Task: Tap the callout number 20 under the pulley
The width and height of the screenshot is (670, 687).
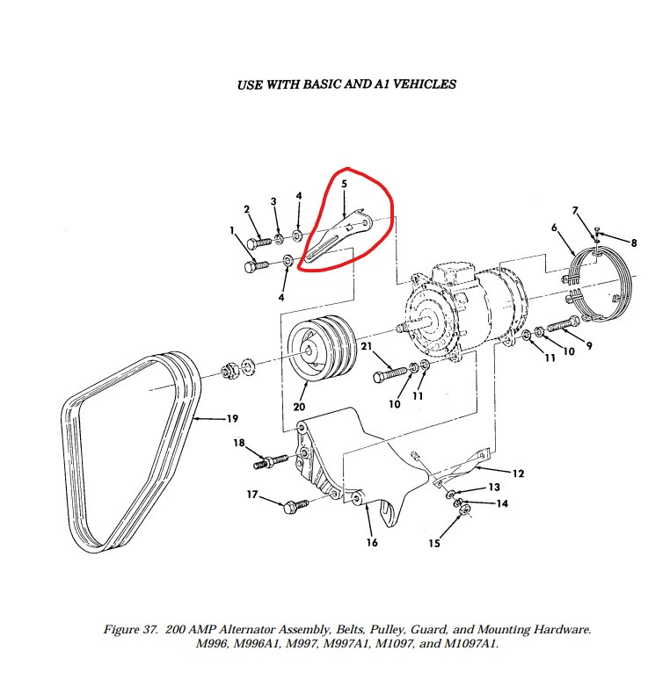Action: [299, 407]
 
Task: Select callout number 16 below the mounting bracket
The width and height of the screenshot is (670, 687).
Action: [372, 542]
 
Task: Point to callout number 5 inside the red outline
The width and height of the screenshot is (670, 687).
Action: [344, 184]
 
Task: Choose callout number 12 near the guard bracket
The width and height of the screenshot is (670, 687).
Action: [518, 474]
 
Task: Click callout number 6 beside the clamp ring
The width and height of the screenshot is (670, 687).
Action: [555, 228]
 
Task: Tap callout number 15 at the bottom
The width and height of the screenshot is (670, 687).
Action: [434, 544]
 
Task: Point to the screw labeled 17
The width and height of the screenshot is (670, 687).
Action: [294, 505]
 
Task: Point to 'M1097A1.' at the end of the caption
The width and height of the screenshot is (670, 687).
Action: [470, 645]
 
